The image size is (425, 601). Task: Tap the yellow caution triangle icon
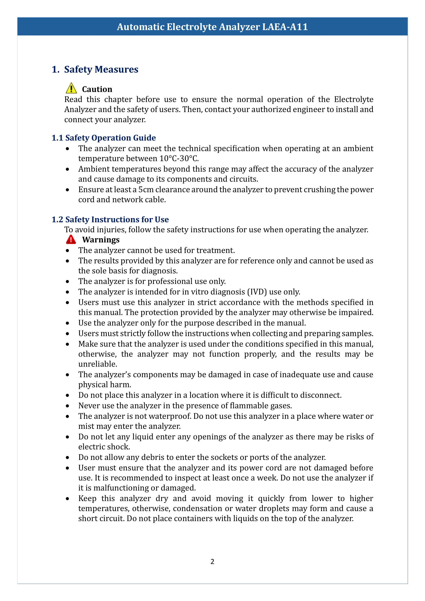[71, 88]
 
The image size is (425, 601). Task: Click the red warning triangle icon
[71, 239]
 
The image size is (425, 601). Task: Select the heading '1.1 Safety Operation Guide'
[104, 138]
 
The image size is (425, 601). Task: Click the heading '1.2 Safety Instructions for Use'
[110, 219]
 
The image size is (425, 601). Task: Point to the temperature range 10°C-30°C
[179, 159]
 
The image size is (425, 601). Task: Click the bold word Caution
[97, 89]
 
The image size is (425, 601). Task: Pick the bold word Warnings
[101, 240]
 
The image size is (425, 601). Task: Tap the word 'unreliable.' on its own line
[98, 364]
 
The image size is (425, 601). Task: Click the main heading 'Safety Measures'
[101, 69]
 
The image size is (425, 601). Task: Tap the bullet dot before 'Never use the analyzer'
[68, 406]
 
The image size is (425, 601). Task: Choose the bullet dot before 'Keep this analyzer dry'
[68, 499]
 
